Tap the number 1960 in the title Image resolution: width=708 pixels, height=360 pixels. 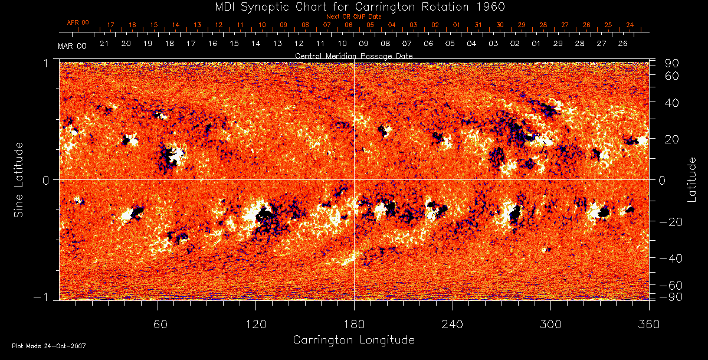[491, 6]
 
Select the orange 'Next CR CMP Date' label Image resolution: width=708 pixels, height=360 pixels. [353, 17]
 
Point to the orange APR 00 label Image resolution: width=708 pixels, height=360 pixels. [77, 22]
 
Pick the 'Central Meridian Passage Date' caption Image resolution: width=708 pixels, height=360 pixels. [353, 55]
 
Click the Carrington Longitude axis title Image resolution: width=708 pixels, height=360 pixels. [353, 340]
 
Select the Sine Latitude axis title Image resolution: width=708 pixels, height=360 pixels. [19, 179]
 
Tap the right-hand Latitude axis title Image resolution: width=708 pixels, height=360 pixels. [691, 179]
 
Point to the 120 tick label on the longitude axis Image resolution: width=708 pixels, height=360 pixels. [255, 324]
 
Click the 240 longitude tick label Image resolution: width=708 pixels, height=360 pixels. [453, 324]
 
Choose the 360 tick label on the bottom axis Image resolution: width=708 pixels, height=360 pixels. [648, 324]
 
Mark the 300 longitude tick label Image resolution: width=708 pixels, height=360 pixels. [550, 324]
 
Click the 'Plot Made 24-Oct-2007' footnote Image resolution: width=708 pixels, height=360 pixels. [48, 346]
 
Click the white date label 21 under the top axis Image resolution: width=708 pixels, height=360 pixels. [104, 44]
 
